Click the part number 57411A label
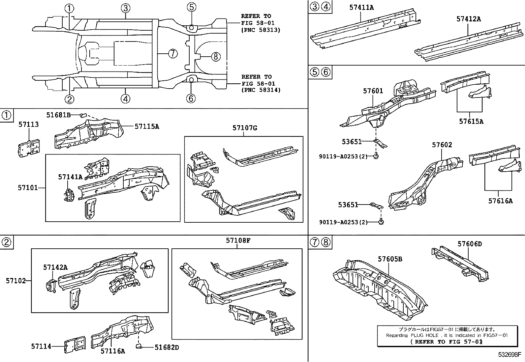[361, 7]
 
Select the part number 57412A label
[468, 19]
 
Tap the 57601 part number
[373, 91]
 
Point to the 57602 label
[442, 145]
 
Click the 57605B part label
[390, 259]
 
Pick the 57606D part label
[469, 244]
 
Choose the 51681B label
[58, 115]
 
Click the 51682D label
[167, 347]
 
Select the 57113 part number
[28, 125]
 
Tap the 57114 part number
[41, 347]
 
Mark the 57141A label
[70, 177]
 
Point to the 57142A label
[55, 267]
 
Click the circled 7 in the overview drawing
[173, 53]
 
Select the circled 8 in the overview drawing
[215, 57]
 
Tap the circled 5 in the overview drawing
[191, 7]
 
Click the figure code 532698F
[509, 355]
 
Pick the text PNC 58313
[261, 30]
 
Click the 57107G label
[244, 128]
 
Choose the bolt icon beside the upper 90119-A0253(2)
[376, 156]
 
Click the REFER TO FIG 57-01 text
[447, 342]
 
